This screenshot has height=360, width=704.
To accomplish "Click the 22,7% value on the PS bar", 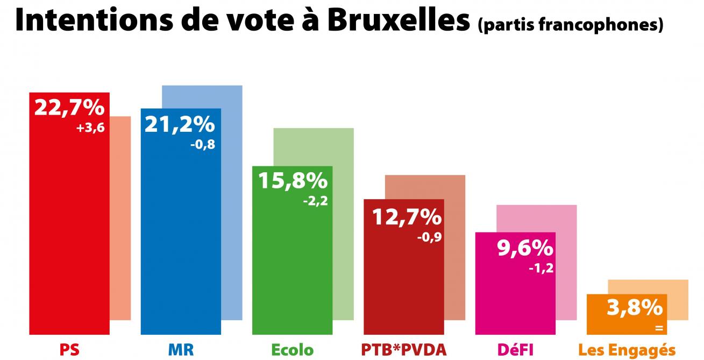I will (69, 108).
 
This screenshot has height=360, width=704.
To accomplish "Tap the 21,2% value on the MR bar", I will (180, 125).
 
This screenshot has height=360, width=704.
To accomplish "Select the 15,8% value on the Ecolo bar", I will (293, 181).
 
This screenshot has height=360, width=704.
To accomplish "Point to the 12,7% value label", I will (406, 217).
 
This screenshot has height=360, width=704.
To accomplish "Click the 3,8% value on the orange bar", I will (635, 308).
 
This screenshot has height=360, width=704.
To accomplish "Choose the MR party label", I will (181, 350).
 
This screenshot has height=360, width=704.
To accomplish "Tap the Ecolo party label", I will (292, 350).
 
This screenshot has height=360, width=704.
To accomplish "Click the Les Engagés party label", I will (627, 351).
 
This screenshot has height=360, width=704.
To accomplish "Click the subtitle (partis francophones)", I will (570, 25).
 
